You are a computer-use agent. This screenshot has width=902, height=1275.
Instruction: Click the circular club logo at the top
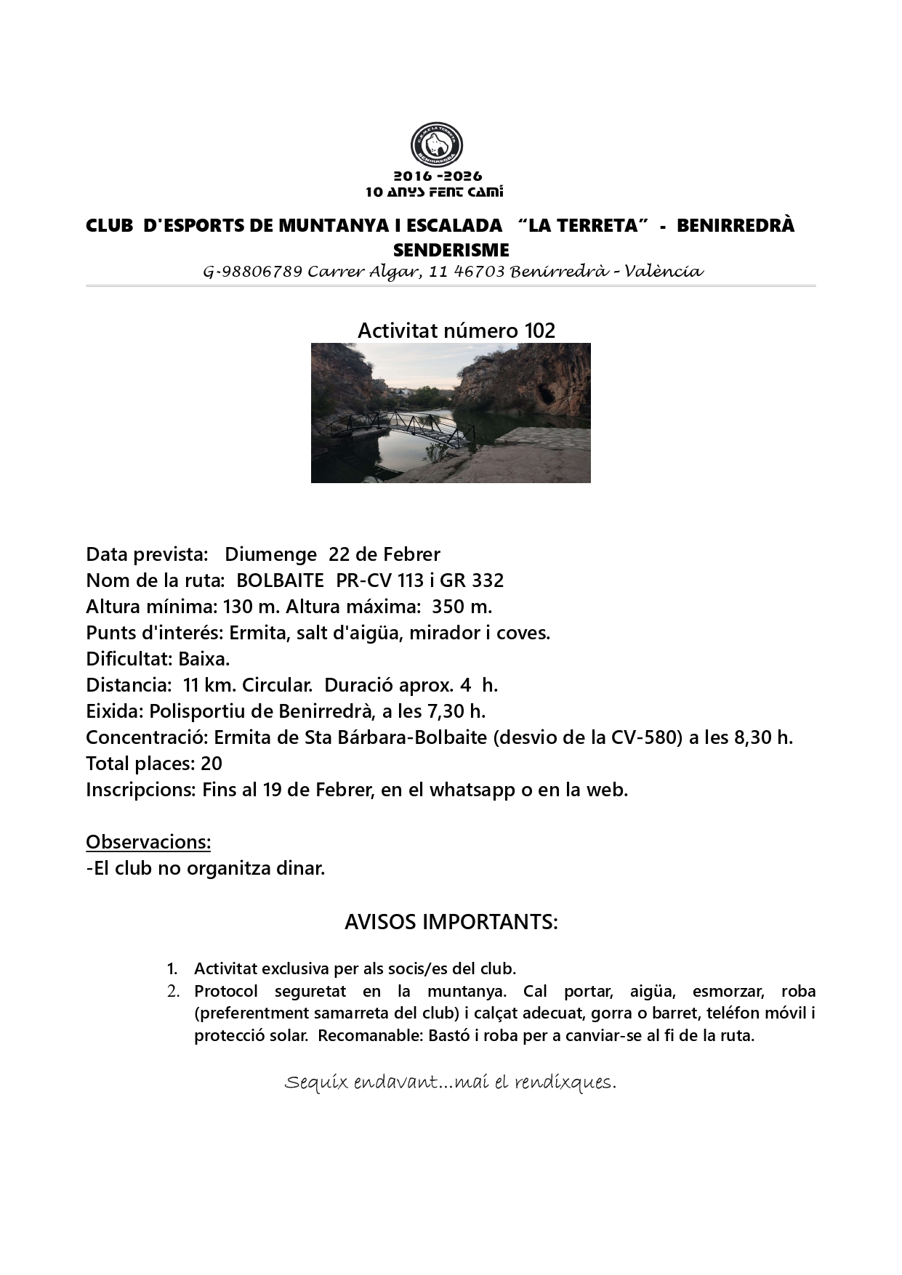point(437,145)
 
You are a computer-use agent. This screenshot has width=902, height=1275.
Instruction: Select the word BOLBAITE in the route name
point(280,580)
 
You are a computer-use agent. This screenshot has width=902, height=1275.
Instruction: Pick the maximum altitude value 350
point(448,607)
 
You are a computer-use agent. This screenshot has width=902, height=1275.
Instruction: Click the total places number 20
point(212,764)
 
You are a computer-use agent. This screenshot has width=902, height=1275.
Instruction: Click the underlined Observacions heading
point(148,842)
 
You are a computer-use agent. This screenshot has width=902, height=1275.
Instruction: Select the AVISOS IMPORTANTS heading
point(451,923)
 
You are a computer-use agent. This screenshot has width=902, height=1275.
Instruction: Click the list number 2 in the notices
point(173,991)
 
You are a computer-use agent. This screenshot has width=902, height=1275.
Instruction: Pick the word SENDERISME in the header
point(451,250)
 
